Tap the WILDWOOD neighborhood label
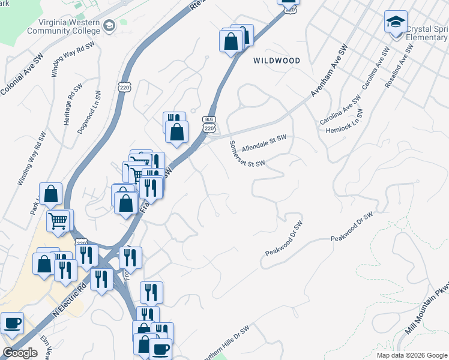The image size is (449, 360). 276,61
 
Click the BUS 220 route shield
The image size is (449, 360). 209,124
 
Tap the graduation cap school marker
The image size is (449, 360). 396,22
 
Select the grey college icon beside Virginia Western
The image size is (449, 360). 109,25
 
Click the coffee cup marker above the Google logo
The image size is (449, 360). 12,323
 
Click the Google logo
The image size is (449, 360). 20,353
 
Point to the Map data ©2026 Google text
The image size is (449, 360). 412,355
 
